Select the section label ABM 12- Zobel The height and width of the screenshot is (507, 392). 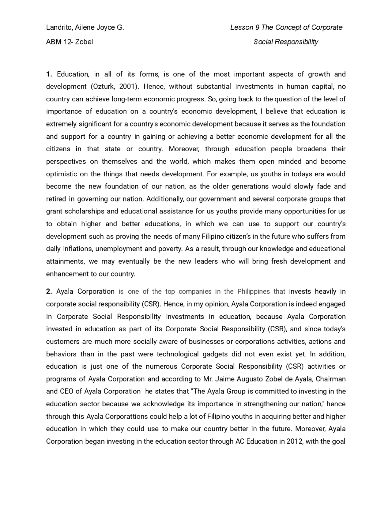click(70, 42)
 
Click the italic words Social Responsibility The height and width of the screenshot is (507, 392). click(286, 42)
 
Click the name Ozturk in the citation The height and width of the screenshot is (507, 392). click(103, 87)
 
